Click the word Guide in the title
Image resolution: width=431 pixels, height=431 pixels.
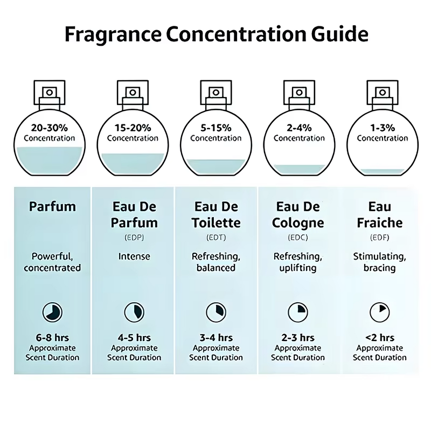click(x=338, y=33)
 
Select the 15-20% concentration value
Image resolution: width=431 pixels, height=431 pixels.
click(x=133, y=128)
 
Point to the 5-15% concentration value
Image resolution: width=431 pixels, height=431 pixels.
click(x=215, y=128)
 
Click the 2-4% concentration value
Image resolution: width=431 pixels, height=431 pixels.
click(x=299, y=128)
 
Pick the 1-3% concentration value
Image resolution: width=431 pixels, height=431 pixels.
click(x=383, y=128)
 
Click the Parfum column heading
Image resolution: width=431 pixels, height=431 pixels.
click(x=53, y=206)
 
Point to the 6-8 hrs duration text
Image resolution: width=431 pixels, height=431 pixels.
click(x=53, y=338)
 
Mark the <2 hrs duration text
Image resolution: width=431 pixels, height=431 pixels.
click(x=380, y=338)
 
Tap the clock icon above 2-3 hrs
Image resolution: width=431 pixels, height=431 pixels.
click(x=297, y=311)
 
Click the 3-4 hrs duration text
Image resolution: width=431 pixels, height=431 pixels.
click(x=215, y=338)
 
